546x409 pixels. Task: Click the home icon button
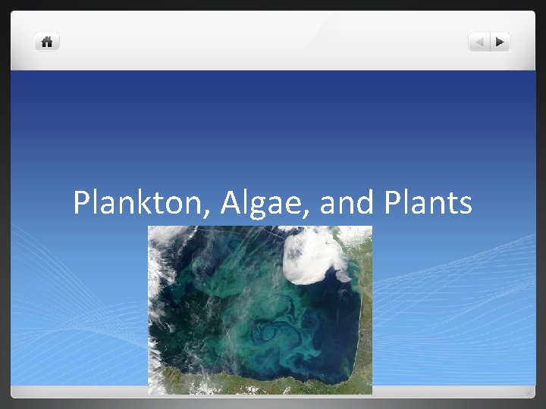click(47, 42)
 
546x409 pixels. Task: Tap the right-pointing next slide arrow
click(500, 42)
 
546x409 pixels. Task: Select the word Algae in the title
click(254, 203)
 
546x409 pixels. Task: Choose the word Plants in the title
click(428, 203)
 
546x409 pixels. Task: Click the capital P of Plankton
click(81, 203)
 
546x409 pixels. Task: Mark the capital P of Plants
click(394, 203)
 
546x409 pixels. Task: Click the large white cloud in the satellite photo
click(315, 254)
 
